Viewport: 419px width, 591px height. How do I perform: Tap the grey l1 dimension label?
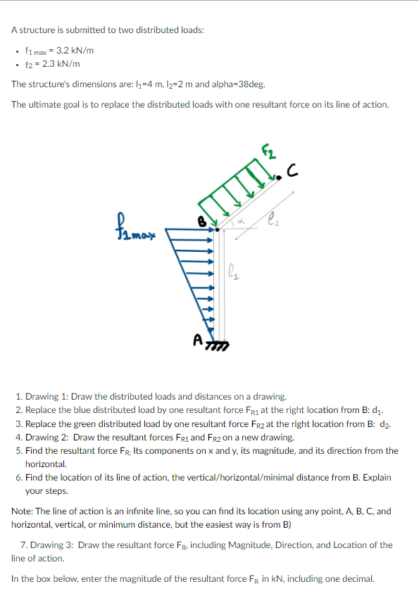[237, 271]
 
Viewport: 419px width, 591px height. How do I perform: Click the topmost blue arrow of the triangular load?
[191, 229]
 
